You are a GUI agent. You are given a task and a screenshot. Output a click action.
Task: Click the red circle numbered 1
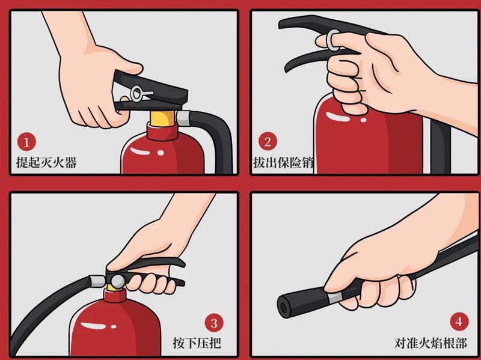click(26, 142)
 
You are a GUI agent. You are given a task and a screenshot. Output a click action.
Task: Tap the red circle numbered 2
click(268, 141)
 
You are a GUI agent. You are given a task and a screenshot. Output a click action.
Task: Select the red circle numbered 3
click(214, 323)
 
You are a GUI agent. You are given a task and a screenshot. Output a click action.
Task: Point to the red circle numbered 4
click(459, 322)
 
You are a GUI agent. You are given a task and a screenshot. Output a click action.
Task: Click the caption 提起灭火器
click(46, 162)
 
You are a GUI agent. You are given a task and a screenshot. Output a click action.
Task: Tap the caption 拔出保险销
click(283, 162)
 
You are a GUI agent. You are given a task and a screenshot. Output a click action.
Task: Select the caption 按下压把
click(197, 343)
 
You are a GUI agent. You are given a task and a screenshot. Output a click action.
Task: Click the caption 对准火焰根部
click(430, 343)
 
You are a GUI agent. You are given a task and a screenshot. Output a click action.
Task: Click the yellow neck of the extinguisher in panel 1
click(162, 119)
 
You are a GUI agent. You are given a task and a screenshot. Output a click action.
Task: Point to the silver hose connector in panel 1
click(183, 118)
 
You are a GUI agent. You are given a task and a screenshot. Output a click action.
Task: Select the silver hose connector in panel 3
click(97, 281)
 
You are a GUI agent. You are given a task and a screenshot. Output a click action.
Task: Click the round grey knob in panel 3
click(117, 281)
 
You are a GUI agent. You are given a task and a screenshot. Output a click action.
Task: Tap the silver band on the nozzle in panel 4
click(335, 297)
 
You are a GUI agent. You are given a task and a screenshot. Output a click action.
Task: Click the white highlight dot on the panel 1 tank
click(161, 153)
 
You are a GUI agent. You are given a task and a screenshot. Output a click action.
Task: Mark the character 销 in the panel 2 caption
click(308, 162)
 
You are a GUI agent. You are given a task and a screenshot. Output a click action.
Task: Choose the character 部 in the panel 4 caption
click(461, 343)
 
